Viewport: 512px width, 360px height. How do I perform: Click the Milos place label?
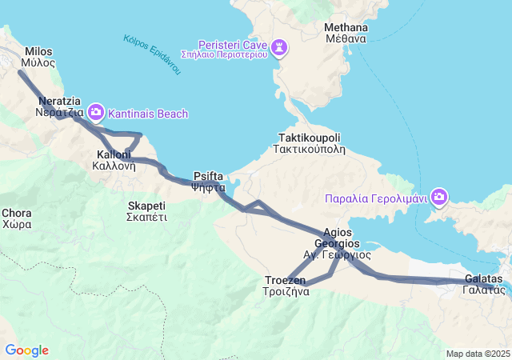click(x=38, y=55)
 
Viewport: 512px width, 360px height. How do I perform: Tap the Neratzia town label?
click(x=59, y=107)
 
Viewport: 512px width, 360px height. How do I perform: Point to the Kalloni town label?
click(x=108, y=160)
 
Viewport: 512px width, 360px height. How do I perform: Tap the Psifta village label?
click(x=209, y=182)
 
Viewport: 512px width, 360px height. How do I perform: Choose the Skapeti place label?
click(x=146, y=211)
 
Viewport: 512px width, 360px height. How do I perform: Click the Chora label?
click(x=17, y=218)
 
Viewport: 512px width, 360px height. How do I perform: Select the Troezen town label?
click(x=286, y=286)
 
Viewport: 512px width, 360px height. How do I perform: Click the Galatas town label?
click(x=483, y=284)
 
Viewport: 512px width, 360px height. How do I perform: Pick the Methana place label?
click(x=346, y=32)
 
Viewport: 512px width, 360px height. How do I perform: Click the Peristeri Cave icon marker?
click(x=278, y=48)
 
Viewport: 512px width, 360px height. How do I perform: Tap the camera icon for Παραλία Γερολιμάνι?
click(x=439, y=196)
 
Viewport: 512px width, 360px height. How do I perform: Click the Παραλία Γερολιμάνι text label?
click(x=378, y=198)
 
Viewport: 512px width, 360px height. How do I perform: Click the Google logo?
click(x=26, y=350)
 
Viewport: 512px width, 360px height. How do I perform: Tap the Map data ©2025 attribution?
click(x=478, y=354)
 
